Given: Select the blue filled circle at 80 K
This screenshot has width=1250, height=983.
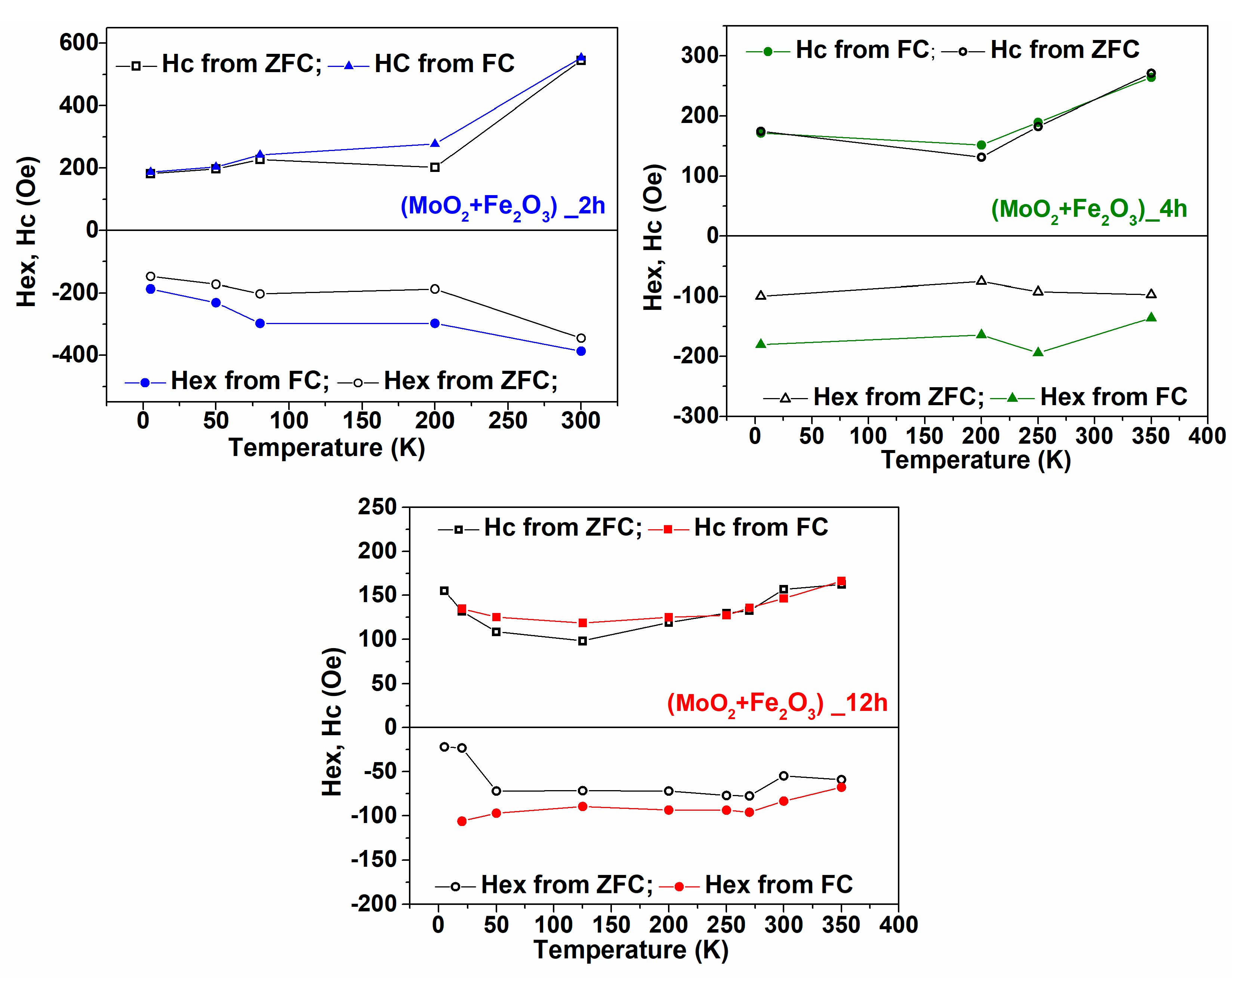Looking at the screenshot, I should tap(260, 323).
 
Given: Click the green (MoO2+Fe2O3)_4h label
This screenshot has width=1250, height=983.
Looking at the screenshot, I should tap(1088, 209).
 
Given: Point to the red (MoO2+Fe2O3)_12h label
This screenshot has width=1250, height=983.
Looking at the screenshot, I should tap(777, 704).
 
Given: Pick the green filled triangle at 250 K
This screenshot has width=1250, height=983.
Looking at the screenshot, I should tap(1038, 352).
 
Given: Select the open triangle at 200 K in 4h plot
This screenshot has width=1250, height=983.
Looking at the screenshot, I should tap(981, 280).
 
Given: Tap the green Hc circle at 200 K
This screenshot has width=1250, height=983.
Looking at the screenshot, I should tap(981, 145).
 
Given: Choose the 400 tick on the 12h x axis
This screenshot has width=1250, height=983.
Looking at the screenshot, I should tap(898, 925).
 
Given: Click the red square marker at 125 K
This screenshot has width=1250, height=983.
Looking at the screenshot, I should tap(582, 623).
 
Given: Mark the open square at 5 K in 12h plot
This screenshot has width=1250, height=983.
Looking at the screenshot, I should tap(444, 591).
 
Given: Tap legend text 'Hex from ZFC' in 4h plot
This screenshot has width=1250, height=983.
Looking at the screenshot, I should tap(898, 397).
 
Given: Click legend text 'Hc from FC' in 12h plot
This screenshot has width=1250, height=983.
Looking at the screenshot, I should tap(761, 527).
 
